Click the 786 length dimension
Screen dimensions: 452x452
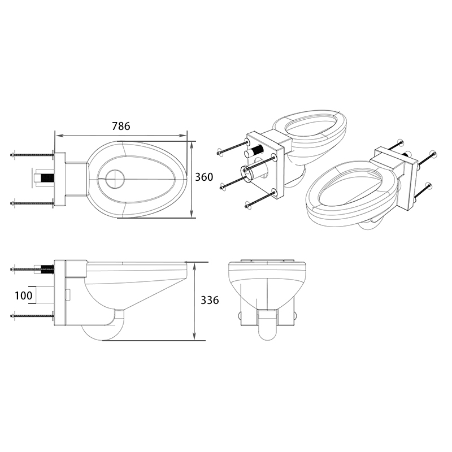click(x=121, y=127)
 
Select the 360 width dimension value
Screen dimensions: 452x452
click(x=204, y=177)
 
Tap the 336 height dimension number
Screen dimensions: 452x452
click(x=209, y=300)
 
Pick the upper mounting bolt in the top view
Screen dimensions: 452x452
click(x=32, y=155)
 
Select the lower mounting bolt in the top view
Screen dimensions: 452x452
click(x=32, y=203)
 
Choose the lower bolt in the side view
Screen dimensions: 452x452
click(x=32, y=315)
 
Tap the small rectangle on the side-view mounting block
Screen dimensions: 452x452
click(x=67, y=294)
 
